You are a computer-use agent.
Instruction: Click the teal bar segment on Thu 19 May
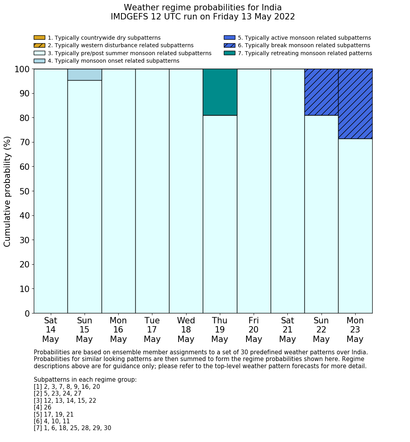coord(220,92)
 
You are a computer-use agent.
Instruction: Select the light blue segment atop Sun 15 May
coord(85,75)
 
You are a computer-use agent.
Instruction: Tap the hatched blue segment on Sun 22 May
coord(321,92)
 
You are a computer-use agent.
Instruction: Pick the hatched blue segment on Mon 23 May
coord(355,104)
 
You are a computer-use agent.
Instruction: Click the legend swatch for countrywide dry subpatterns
coord(39,38)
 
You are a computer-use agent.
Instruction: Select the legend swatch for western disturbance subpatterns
coord(39,45)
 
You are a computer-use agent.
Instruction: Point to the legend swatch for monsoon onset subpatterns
coord(39,61)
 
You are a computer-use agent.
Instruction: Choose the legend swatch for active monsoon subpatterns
coord(229,38)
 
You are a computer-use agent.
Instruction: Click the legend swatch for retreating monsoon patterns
coord(229,53)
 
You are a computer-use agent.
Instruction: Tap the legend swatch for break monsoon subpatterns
coord(229,45)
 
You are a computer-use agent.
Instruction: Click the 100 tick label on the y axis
coord(22,69)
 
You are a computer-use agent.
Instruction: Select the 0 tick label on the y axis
coord(27,314)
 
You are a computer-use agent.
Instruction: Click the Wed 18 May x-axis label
coord(186,330)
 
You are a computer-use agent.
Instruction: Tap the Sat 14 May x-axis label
coord(50,330)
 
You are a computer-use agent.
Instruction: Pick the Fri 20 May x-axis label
coord(254,330)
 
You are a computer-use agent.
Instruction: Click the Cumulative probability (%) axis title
coord(8,191)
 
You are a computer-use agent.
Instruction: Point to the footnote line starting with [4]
coord(42,407)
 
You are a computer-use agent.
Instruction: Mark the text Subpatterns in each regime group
coord(85,380)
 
